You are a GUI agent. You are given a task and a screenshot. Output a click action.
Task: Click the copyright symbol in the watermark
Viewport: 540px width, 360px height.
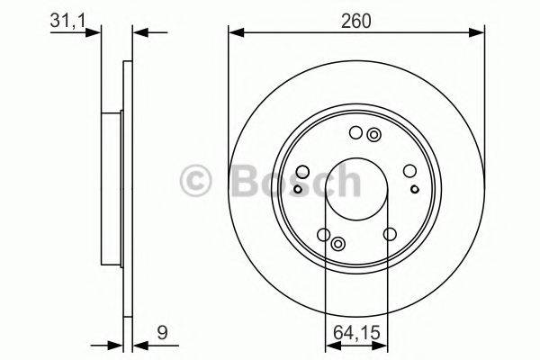click(197, 181)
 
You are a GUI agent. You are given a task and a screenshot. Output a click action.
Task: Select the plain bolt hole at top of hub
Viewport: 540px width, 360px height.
click(355, 134)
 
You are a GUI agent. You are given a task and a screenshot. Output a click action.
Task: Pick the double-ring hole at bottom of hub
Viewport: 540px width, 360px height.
click(338, 245)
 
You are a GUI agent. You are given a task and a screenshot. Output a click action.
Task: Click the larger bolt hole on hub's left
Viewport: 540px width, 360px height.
click(303, 173)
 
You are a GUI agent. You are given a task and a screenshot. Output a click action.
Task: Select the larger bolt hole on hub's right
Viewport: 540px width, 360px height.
click(409, 171)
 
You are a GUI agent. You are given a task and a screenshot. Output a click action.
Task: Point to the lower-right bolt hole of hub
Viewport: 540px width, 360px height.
click(390, 234)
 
